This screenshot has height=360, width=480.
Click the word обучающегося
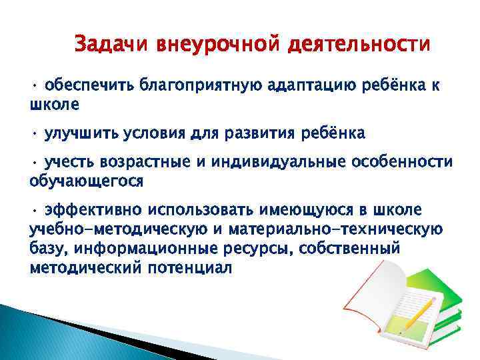pos(87,181)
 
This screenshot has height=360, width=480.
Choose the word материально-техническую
pos(334,231)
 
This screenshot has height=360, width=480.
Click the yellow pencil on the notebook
pos(418,316)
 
